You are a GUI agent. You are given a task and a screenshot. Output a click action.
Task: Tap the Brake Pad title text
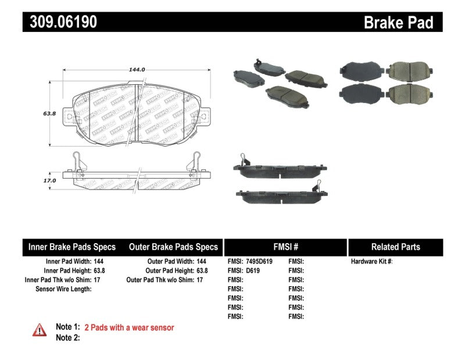pos(398,23)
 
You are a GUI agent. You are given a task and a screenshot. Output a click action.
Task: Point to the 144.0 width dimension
pos(137,69)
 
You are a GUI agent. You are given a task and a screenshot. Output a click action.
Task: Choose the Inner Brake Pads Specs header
pos(72,247)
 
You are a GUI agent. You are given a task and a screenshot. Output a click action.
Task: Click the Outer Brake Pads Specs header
pos(173,247)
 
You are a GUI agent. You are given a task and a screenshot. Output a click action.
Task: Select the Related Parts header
pos(396,247)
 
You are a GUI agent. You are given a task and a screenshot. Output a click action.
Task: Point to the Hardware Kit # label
pos(372,262)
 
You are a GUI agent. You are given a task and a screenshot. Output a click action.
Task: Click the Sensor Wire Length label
pos(63,289)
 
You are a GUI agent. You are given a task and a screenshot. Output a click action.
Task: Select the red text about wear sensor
pos(129,327)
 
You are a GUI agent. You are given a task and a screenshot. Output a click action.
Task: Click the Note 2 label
pos(67,337)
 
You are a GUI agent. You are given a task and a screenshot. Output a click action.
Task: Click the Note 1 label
pos(67,327)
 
